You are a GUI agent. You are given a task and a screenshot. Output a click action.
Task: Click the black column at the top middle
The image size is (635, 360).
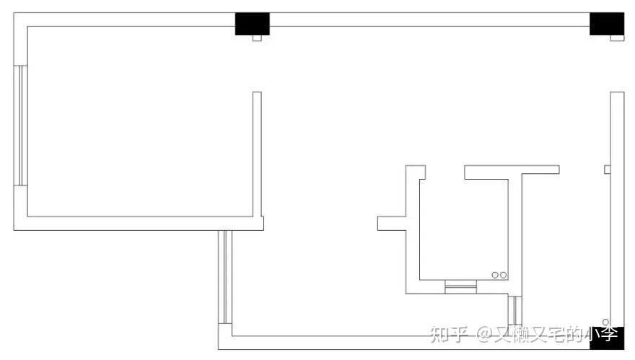[x=252, y=24]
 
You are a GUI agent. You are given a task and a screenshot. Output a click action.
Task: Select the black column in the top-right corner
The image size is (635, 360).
[x=606, y=24]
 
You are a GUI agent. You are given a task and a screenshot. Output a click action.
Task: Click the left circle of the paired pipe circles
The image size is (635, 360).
[x=495, y=275]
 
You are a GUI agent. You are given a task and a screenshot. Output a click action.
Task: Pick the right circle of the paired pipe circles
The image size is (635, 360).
[x=503, y=275]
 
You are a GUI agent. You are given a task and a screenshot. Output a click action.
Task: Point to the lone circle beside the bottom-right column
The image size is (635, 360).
[x=605, y=322]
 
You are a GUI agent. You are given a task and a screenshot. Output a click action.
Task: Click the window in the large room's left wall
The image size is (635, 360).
[x=21, y=126]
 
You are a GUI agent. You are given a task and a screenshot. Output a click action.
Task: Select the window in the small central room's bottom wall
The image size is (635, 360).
[x=461, y=288]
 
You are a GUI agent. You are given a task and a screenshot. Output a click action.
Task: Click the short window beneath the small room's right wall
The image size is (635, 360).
[x=515, y=310]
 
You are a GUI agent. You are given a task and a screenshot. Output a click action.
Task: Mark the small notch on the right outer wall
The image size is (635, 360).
[x=607, y=170]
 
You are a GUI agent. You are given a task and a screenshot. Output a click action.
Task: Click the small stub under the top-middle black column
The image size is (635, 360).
[x=256, y=38]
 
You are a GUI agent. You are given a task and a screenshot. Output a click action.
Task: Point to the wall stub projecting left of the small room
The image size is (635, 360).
[x=391, y=224]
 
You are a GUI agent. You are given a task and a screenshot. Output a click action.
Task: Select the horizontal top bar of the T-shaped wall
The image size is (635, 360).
[x=511, y=172]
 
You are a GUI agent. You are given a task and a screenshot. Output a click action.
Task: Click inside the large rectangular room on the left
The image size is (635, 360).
[x=137, y=123]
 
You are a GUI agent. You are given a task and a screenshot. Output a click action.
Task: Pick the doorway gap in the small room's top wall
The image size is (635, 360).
[x=444, y=172]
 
